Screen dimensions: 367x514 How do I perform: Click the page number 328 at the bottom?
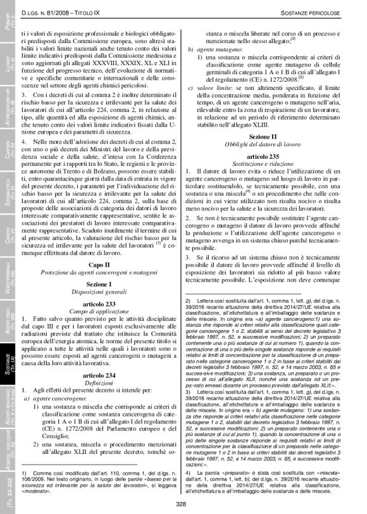180,504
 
